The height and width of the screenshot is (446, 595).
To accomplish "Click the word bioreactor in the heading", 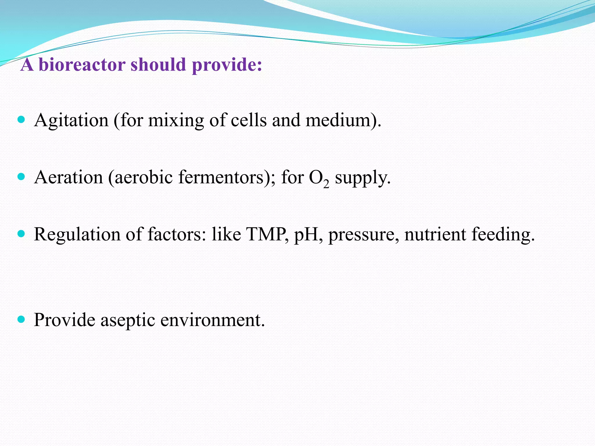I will pos(82,64).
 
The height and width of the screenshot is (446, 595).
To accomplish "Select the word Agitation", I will pos(71,120).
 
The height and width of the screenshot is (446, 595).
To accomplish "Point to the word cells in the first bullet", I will pos(249,120).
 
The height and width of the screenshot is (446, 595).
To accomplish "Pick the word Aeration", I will pos(69,177).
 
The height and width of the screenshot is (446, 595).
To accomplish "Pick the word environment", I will pos(212,320).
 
